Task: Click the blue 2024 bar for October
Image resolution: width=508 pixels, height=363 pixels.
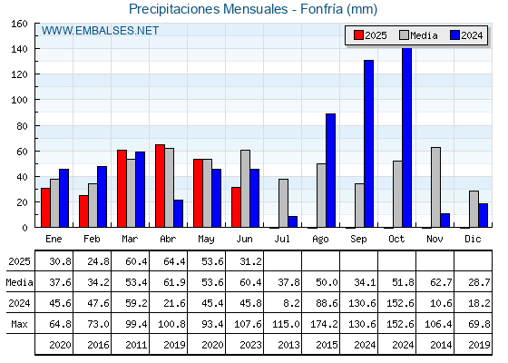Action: (x=406, y=137)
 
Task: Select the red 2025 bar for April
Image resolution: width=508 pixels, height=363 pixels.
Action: (x=160, y=186)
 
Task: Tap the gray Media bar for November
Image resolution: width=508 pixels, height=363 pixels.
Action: (x=435, y=187)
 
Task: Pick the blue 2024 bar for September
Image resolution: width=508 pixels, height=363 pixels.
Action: (x=368, y=143)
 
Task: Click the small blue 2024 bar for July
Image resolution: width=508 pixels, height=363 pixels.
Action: (x=292, y=221)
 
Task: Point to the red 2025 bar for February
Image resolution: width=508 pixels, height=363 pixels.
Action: (x=83, y=211)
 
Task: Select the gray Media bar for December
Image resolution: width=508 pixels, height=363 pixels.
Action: (x=474, y=209)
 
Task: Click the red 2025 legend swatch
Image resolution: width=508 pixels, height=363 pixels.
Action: (x=358, y=35)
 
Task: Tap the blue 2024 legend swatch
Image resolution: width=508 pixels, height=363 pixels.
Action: (x=454, y=35)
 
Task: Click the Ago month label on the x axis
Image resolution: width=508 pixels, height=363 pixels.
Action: (x=320, y=240)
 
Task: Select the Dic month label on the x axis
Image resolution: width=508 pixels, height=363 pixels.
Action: (x=473, y=239)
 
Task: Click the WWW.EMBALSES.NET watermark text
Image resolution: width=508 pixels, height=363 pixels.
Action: (x=100, y=31)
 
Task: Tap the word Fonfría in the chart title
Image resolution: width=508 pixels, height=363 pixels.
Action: (x=322, y=9)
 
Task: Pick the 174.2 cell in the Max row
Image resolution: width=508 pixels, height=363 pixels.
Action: (x=324, y=324)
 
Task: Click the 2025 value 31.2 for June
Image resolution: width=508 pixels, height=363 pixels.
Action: (x=250, y=261)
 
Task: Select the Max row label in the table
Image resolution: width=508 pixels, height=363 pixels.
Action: (x=19, y=324)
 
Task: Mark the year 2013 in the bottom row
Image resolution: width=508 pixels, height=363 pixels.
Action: (x=288, y=345)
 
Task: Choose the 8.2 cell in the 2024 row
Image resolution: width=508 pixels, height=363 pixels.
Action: (x=291, y=303)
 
